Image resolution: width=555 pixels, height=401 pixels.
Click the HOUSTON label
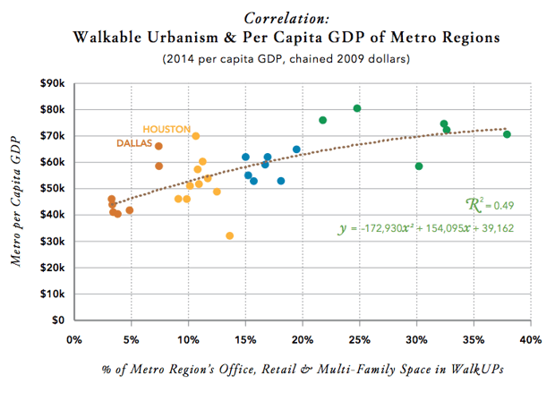[166, 129]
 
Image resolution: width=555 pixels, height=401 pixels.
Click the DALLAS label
[134, 143]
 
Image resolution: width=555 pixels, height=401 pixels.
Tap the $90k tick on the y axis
[50, 83]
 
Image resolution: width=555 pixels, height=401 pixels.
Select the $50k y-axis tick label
[50, 189]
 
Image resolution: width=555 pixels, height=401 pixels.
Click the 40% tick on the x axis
[530, 339]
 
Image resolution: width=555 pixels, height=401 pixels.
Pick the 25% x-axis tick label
[359, 339]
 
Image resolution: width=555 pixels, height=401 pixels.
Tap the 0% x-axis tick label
[74, 339]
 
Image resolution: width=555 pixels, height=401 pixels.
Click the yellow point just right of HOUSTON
[196, 136]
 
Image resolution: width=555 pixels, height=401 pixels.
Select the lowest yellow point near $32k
[230, 235]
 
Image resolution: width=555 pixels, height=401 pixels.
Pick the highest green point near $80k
[357, 108]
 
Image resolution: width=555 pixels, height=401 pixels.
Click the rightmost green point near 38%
[508, 134]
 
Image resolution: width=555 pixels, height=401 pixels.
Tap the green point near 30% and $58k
[419, 166]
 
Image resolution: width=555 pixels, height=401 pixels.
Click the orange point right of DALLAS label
[158, 146]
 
